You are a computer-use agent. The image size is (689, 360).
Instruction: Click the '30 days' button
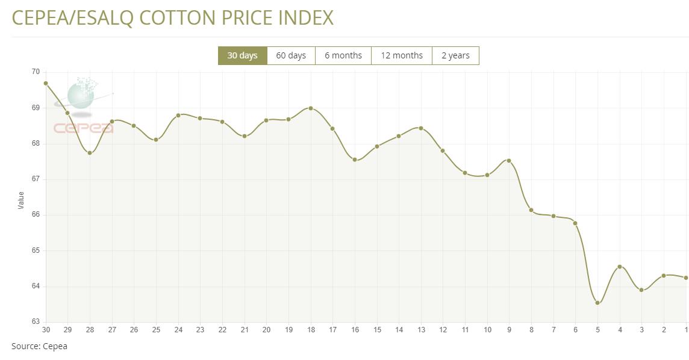[x=242, y=55]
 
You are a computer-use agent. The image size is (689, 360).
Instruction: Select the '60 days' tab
[x=291, y=55]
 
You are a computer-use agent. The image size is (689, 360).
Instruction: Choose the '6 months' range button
[x=343, y=55]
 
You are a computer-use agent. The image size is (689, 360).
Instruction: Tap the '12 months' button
[x=402, y=55]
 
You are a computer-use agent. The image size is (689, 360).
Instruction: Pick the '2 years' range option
[x=455, y=55]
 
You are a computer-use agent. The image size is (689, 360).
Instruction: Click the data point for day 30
[x=46, y=83]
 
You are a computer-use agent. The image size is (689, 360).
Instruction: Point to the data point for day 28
[x=90, y=153]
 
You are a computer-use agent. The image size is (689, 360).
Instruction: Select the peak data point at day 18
[x=311, y=108]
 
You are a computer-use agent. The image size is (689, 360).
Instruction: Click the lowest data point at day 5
[x=597, y=303]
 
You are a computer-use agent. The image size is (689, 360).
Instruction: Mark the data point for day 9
[x=509, y=161]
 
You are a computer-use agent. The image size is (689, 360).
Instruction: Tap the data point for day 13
[x=421, y=128]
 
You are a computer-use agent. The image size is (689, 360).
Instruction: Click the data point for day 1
[x=686, y=278]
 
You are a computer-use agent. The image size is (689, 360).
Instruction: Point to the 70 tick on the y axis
[x=36, y=72]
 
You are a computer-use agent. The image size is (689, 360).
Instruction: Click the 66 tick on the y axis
[x=36, y=215]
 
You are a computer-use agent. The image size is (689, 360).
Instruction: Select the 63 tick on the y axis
[x=36, y=321]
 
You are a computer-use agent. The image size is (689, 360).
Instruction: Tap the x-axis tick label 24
[x=178, y=330]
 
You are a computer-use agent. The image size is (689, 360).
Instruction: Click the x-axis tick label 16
[x=355, y=330]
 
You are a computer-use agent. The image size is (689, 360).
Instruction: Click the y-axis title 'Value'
[x=22, y=200]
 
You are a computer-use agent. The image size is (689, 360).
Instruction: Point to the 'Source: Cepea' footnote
[x=40, y=346]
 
